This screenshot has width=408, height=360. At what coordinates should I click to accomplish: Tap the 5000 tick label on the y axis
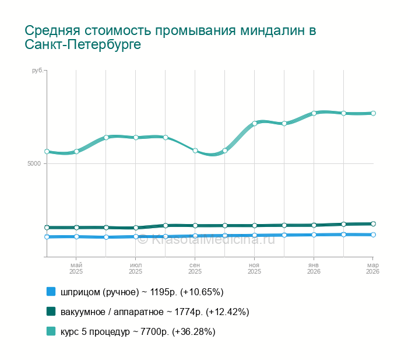[34, 163]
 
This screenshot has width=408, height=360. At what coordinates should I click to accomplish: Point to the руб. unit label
[37, 71]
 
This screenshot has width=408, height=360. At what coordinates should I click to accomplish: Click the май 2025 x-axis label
[76, 268]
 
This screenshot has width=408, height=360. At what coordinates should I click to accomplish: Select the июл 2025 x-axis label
[135, 268]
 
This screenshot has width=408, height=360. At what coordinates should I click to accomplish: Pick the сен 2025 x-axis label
[195, 268]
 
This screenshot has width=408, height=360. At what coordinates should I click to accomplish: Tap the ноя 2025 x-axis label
[254, 268]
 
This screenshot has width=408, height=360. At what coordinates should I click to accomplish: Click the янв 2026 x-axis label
[314, 268]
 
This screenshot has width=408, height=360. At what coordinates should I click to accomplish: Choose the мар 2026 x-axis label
[372, 268]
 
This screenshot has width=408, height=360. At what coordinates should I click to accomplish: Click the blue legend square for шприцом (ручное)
[51, 292]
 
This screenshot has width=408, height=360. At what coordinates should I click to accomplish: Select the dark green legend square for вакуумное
[51, 312]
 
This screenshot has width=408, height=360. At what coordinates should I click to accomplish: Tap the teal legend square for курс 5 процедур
[51, 331]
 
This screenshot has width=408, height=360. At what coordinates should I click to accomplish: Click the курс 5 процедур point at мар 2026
[373, 113]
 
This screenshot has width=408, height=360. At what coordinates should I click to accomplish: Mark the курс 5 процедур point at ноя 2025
[255, 123]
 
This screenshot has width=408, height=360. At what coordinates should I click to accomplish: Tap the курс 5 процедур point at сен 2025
[195, 151]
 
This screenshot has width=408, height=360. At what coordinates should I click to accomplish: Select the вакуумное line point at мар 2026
[373, 223]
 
